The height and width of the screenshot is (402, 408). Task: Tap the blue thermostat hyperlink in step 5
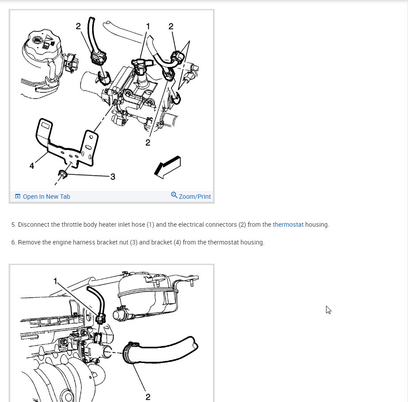point(288,225)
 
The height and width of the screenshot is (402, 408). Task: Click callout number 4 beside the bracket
point(32,166)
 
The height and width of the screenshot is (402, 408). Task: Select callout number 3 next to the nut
point(113,177)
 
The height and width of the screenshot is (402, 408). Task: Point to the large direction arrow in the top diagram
point(167,167)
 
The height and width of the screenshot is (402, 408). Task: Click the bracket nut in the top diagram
point(62,174)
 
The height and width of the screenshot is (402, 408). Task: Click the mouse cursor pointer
point(328,310)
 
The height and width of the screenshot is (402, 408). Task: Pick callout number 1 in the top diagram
point(148,26)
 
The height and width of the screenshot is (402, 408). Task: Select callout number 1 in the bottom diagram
point(55,281)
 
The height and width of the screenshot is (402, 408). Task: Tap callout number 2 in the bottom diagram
point(148,397)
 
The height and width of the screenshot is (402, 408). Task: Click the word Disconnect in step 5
point(33,225)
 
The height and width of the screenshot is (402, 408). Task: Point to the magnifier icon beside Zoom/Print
point(174,195)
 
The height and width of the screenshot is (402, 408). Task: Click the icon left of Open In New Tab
point(18,196)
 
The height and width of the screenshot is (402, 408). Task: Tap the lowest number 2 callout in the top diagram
point(148,142)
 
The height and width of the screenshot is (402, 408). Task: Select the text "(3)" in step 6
point(134,242)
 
